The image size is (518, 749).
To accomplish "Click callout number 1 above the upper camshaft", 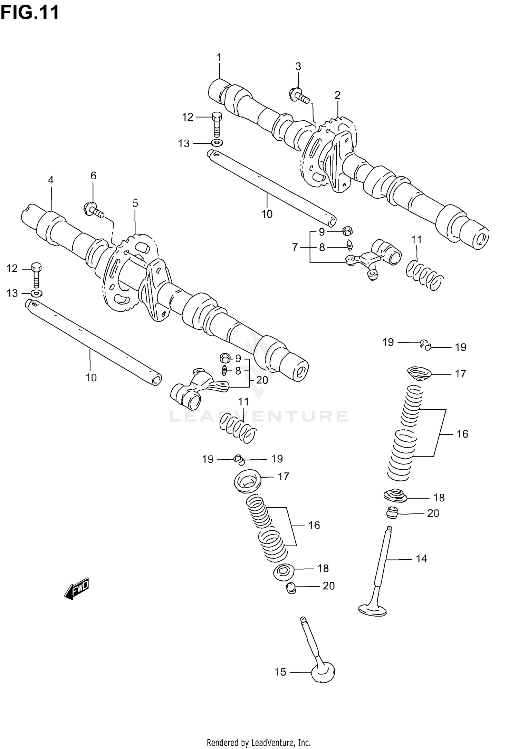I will coord(219,57).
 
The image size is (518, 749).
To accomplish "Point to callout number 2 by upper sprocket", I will coord(337,95).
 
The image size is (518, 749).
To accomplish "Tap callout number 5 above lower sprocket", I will coord(135,203).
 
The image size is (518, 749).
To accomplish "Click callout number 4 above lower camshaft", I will coord(51,180).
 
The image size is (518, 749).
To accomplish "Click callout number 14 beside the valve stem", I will coord(421,559).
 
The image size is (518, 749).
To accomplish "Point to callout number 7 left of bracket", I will coord(295,247).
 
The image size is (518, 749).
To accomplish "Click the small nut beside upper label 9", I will coord(347,231).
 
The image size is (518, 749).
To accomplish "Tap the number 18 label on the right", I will coord(439,498).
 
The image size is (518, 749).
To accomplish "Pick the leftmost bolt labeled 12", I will coord(36,274).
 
